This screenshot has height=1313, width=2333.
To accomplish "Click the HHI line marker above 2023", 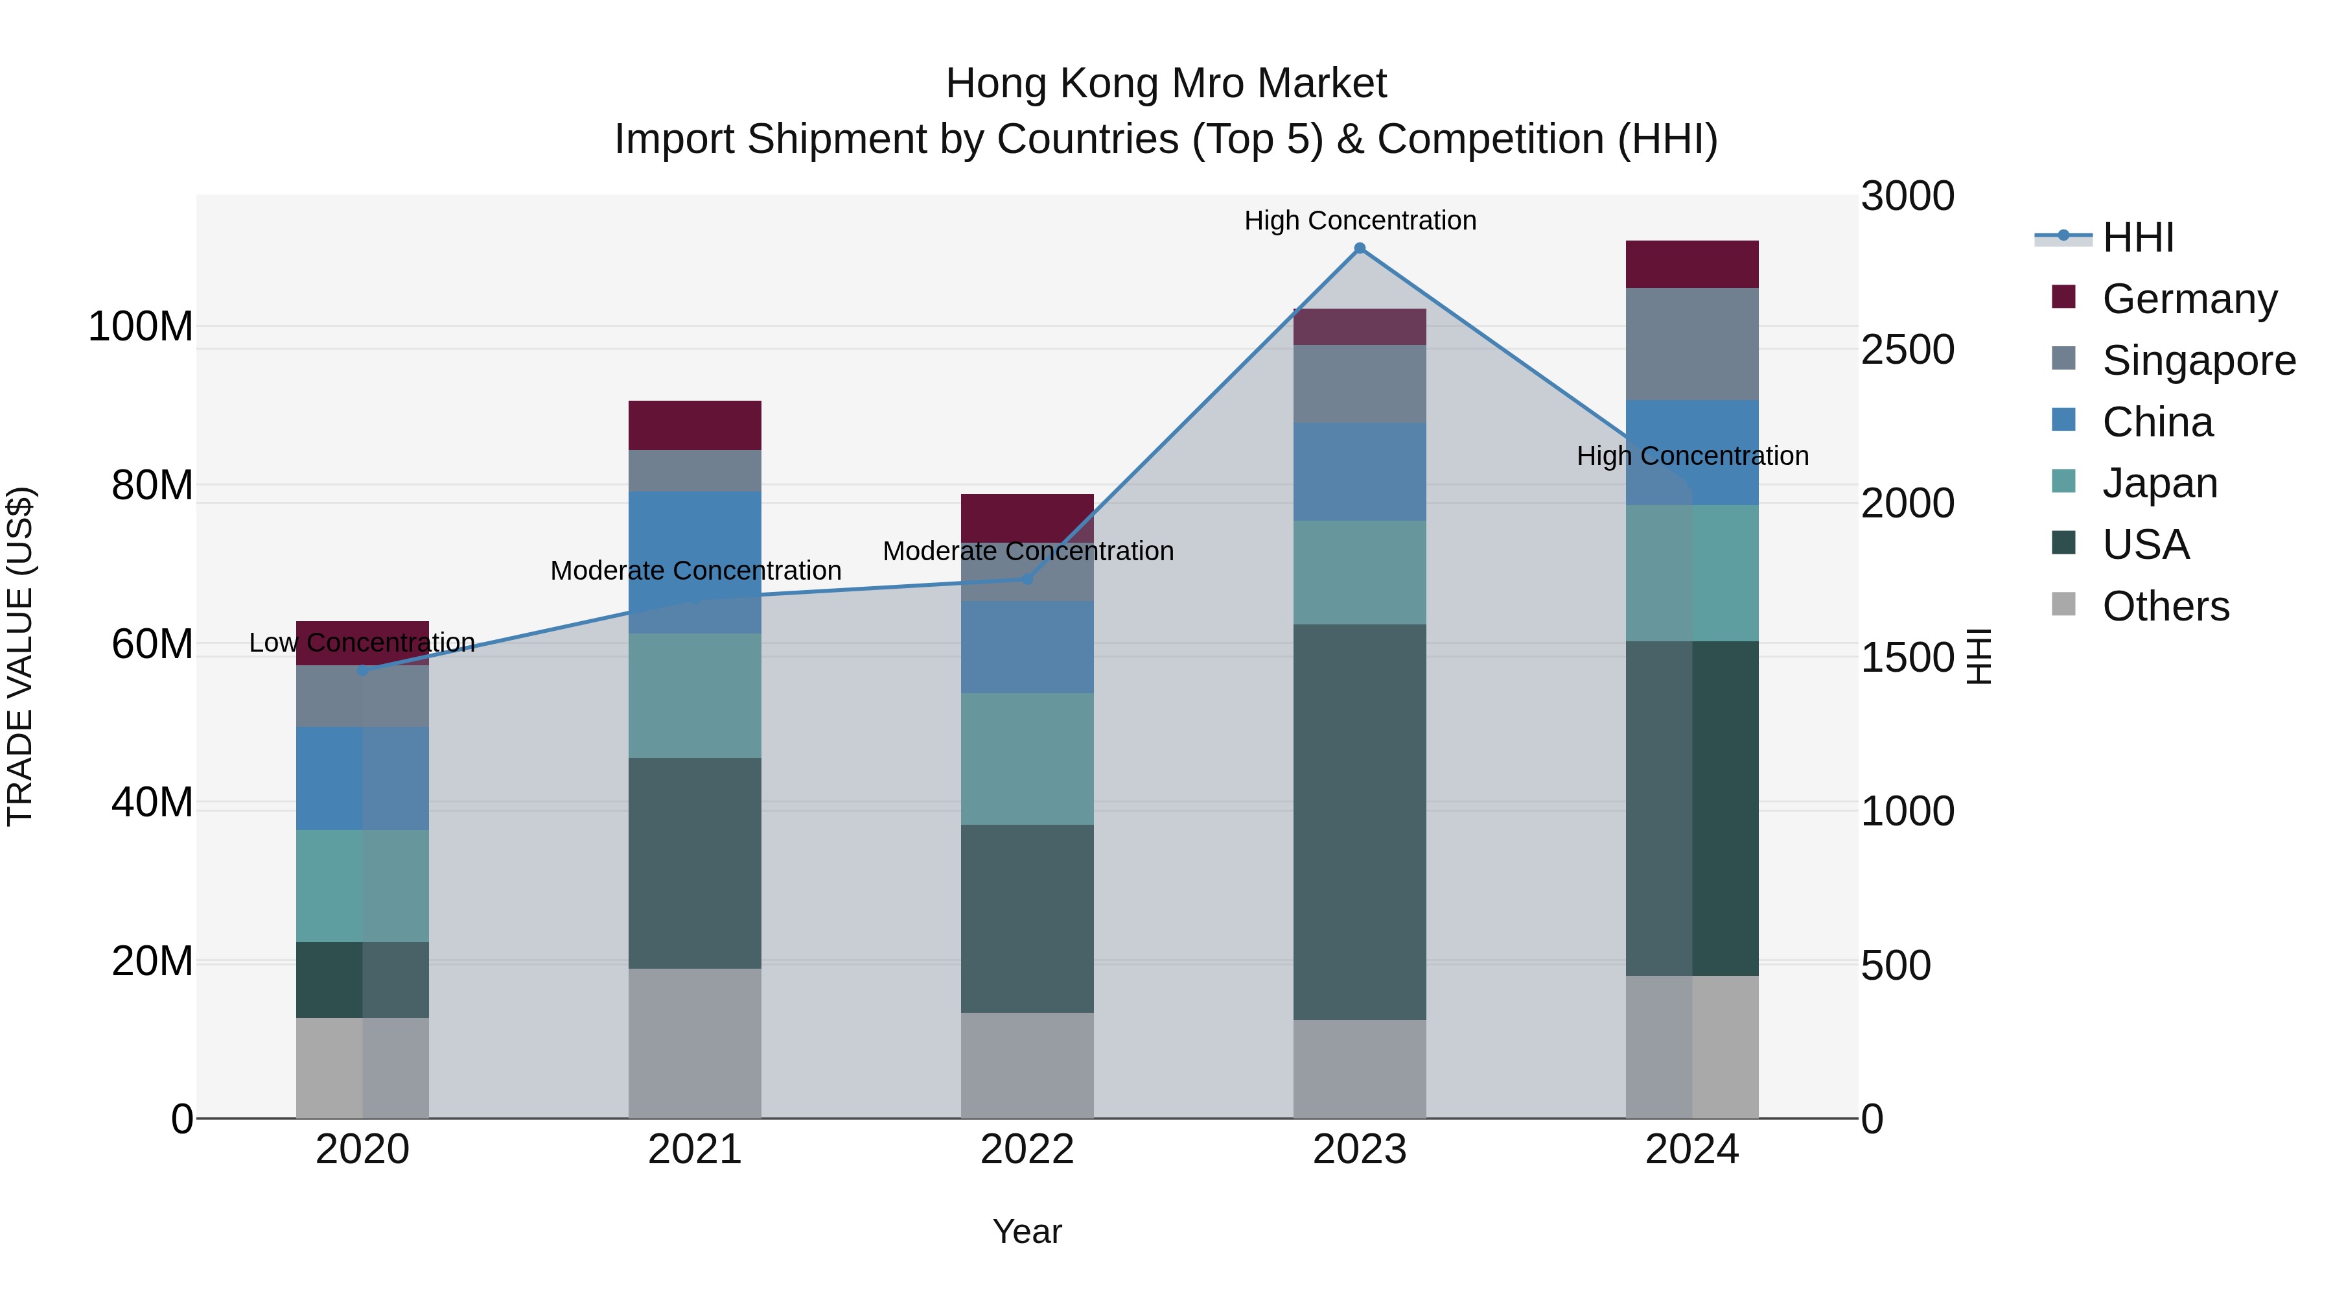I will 1360,248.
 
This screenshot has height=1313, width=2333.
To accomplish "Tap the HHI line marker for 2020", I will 362,670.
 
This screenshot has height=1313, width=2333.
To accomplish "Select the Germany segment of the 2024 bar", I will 1692,265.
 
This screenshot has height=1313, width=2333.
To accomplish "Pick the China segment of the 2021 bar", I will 695,562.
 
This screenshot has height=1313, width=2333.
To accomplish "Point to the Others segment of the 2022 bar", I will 1027,1065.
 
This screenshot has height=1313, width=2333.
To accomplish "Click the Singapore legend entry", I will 2198,361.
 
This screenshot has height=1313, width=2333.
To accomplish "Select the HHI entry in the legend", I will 2137,237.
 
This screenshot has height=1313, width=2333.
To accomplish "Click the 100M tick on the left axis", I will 141,326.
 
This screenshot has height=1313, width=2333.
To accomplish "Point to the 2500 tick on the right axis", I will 1907,349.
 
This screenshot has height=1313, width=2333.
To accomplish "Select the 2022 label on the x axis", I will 1027,1150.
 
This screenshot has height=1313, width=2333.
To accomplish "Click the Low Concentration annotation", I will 362,643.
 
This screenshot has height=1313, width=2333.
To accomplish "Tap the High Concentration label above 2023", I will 1360,220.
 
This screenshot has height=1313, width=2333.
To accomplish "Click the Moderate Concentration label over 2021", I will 695,571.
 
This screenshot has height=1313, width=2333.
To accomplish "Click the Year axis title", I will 1027,1231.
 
